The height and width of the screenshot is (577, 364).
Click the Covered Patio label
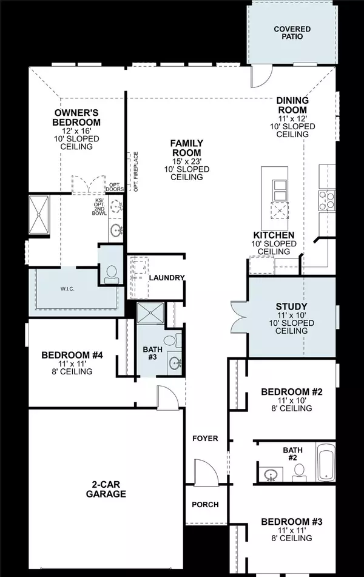(292, 32)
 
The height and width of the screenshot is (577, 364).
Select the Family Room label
(186, 147)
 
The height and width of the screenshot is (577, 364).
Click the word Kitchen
(274, 235)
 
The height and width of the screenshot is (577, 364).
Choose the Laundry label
(166, 277)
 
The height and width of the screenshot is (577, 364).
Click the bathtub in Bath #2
(326, 462)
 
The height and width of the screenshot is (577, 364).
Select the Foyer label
(205, 438)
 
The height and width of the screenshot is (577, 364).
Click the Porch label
(205, 504)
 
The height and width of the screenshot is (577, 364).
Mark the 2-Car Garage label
(106, 488)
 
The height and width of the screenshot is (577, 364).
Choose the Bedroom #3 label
(287, 521)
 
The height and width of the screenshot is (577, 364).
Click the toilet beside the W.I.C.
(112, 274)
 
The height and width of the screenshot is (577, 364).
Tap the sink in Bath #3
(175, 364)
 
